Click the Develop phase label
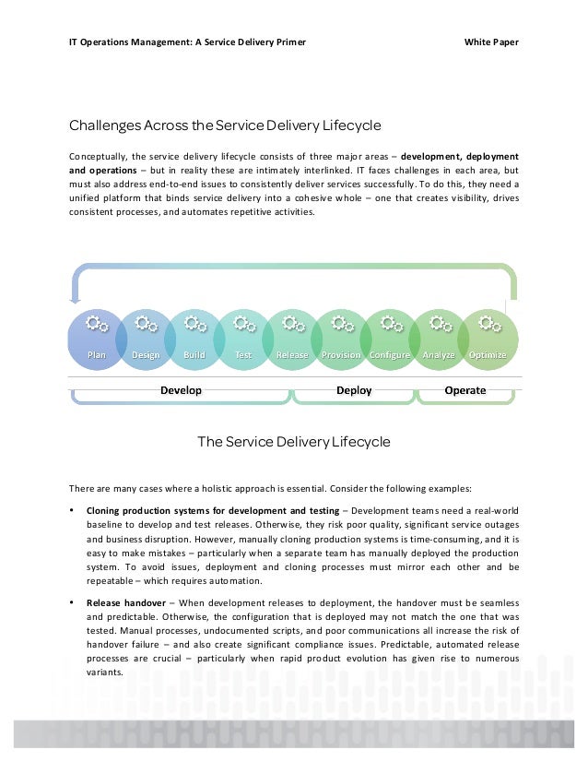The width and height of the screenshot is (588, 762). [181, 390]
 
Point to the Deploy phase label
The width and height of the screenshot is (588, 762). [354, 390]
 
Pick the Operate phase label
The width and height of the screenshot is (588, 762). [465, 390]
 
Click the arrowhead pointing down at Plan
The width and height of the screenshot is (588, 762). [76, 299]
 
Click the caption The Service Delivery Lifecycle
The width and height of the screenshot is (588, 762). [294, 442]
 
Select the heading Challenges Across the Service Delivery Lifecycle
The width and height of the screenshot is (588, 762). [225, 125]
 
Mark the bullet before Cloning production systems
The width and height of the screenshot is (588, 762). [72, 510]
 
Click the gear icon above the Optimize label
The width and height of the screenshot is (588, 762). [489, 324]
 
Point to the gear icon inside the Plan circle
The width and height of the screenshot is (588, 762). [97, 324]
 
